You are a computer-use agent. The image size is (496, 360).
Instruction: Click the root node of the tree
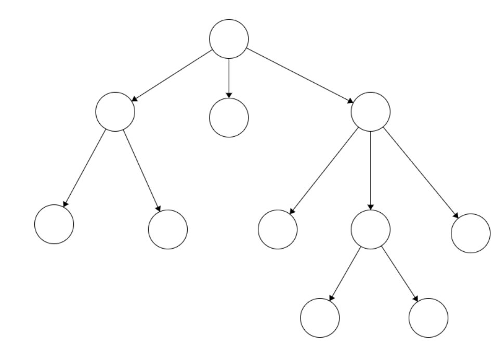coord(229,38)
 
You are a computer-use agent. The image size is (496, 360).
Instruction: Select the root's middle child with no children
coord(229,118)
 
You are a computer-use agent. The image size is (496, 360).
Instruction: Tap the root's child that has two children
coord(115,111)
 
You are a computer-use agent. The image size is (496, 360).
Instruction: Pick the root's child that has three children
coord(371,111)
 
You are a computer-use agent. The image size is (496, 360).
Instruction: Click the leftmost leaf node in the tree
coord(54,224)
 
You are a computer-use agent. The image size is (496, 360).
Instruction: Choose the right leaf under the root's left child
coord(167,229)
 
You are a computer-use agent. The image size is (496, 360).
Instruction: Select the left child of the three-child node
coord(278,229)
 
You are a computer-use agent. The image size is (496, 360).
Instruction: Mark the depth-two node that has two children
coord(371,229)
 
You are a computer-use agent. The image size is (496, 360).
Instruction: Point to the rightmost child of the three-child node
coord(471,233)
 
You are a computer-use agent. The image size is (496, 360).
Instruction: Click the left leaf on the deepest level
coord(320,317)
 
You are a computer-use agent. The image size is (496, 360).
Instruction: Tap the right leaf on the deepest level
coord(428,317)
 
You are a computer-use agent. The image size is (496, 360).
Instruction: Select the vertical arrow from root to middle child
coord(229,78)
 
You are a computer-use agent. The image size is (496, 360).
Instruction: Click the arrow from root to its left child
coord(172,75)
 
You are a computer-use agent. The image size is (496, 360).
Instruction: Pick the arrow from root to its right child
coord(299,75)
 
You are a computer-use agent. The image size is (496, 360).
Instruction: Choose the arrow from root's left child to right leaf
coord(141,170)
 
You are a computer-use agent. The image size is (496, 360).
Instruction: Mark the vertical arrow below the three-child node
coord(371,171)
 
